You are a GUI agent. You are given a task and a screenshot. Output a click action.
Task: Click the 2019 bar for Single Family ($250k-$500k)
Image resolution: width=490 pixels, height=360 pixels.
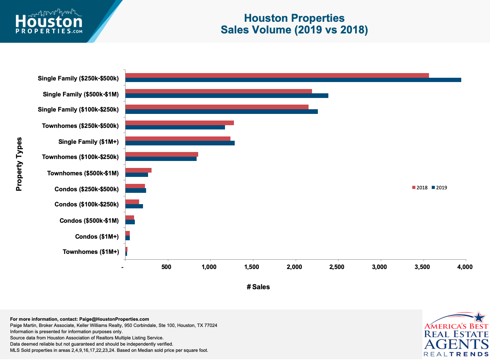[293, 80]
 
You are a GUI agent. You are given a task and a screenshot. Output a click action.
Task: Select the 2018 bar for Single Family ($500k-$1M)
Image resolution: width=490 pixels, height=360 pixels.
[218, 91]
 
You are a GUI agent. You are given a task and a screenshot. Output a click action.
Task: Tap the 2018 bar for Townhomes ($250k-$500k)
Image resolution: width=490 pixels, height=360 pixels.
[180, 123]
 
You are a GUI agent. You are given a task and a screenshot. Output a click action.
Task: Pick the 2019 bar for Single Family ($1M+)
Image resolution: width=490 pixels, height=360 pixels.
[180, 143]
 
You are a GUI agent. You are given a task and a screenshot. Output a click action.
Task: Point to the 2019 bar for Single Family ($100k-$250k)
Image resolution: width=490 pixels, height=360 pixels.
[221, 112]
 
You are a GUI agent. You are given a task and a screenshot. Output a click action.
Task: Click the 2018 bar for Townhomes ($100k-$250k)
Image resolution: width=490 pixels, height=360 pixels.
[162, 154]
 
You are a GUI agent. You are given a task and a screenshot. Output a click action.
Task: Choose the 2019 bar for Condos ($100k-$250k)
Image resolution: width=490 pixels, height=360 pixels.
[134, 206]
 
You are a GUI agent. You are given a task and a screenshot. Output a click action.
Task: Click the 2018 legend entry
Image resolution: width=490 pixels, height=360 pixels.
[420, 188]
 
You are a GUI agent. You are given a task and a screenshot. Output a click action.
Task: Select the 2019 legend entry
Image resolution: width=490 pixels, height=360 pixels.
[439, 188]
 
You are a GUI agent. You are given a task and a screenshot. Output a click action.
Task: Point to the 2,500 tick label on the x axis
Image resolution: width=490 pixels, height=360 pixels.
[337, 267]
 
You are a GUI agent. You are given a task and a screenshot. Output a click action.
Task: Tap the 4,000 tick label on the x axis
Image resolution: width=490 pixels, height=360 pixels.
[465, 267]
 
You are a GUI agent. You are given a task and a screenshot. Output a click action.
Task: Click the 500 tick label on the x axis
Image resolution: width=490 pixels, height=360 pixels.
[166, 267]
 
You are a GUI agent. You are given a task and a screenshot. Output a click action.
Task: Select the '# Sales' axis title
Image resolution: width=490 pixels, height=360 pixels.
[258, 287]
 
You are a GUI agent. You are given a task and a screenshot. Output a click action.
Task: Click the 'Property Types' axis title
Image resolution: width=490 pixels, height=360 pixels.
[19, 164]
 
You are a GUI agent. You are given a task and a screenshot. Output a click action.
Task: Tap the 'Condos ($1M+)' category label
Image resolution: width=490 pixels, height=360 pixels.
[97, 236]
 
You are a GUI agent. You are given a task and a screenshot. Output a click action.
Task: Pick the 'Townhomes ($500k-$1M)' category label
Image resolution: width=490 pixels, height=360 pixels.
[83, 173]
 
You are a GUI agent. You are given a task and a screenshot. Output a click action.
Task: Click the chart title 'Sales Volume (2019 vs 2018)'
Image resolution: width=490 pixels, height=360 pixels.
[294, 30]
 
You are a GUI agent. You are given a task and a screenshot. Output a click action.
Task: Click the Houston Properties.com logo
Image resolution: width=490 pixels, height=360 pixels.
[49, 22]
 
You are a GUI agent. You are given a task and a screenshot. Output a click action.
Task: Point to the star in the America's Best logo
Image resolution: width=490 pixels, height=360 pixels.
[480, 316]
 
